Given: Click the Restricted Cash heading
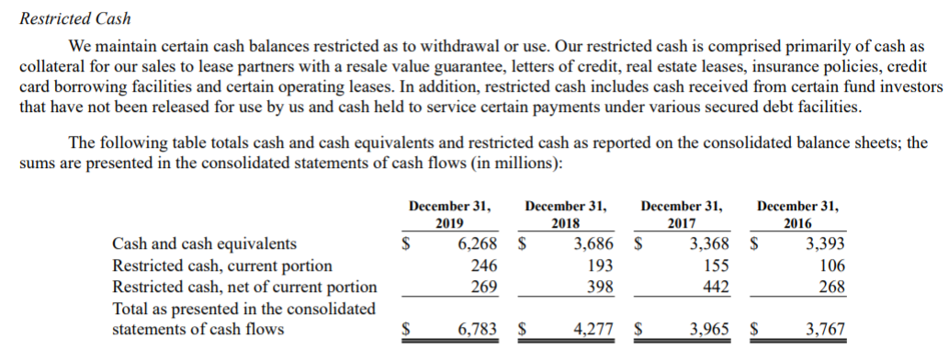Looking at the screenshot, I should click(x=75, y=18).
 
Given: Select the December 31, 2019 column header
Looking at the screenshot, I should click(x=449, y=214).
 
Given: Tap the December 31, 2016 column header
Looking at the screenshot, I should click(x=796, y=214).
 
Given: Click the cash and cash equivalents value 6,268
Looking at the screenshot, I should click(x=477, y=244).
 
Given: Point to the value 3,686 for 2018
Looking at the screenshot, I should click(x=593, y=244).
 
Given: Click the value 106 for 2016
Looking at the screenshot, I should click(x=831, y=266).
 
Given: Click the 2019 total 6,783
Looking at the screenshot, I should click(x=477, y=330).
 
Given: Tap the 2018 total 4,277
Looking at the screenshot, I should click(x=593, y=330).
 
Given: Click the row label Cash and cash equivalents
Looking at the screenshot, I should click(x=204, y=244).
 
